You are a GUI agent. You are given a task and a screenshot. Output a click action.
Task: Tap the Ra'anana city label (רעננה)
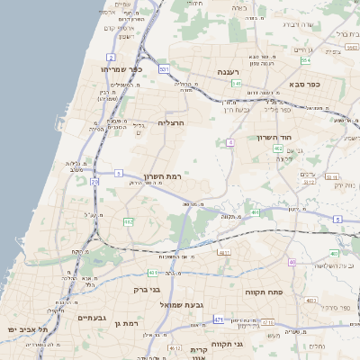[228, 72]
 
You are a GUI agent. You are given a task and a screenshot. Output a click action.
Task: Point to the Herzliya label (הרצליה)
[171, 121]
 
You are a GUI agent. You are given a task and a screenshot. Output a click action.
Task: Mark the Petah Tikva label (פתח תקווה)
[264, 292]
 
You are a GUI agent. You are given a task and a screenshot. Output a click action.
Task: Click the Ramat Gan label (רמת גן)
[130, 322]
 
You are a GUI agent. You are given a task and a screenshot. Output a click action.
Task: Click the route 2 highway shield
[110, 56]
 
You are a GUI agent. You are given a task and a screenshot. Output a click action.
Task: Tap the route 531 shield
[163, 68]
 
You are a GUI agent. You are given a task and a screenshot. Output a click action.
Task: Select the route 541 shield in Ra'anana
[236, 84]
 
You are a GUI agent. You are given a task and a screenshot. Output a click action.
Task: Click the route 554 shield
[306, 60]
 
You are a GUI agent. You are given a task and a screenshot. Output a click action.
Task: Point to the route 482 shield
[129, 221]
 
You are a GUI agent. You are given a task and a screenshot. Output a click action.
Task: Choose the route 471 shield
[219, 319]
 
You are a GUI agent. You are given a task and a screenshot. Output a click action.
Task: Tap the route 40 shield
[292, 262]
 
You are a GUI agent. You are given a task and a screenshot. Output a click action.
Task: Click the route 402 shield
[278, 148]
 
